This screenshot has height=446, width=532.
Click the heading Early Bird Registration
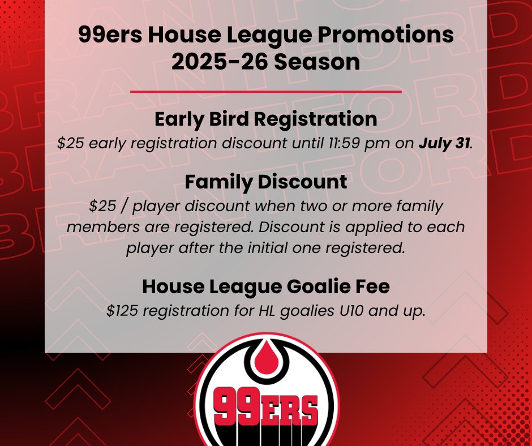coord(265,119)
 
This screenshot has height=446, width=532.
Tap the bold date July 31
coord(445,143)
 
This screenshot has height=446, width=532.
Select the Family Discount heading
coord(265,182)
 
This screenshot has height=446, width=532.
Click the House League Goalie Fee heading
coord(265,287)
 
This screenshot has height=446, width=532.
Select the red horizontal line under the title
coord(265,91)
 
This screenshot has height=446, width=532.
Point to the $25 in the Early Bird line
coord(69,143)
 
